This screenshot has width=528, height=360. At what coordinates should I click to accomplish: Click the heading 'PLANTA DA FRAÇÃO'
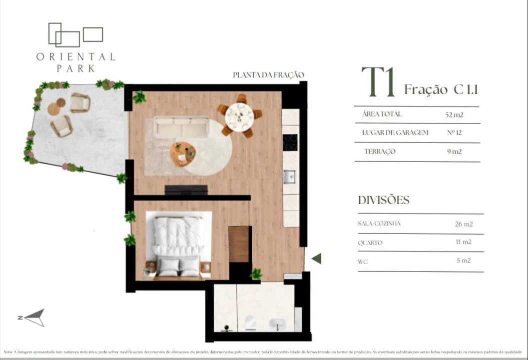pos(268,75)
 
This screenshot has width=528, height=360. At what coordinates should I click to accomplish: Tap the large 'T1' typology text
pos(378,82)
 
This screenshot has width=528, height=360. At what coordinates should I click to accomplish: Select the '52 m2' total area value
pos(454,114)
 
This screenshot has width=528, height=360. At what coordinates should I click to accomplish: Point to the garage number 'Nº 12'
pos(455,133)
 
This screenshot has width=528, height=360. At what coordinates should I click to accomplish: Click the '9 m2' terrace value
pos(454,151)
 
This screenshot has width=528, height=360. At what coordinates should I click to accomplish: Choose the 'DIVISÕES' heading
pos(384,200)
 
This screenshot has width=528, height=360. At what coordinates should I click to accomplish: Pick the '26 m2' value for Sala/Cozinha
pos(464,224)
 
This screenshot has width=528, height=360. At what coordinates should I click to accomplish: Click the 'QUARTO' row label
pos(370,243)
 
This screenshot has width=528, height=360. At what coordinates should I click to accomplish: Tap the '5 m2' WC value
pos(464,260)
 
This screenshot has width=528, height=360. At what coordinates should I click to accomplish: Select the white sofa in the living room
pos(181,127)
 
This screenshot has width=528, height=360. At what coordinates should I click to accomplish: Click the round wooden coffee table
pos(183,153)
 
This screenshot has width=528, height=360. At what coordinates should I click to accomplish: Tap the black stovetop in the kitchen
pos(290,142)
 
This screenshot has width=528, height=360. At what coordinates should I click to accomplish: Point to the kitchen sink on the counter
pos(290,176)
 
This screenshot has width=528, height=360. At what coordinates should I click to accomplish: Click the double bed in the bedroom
pos(178,243)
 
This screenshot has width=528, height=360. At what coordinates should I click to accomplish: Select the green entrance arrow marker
pos(316,258)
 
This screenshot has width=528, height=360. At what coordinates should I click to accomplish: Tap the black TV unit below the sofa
pos(186,189)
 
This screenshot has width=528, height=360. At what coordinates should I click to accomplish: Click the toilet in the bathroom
pos(250,323)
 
